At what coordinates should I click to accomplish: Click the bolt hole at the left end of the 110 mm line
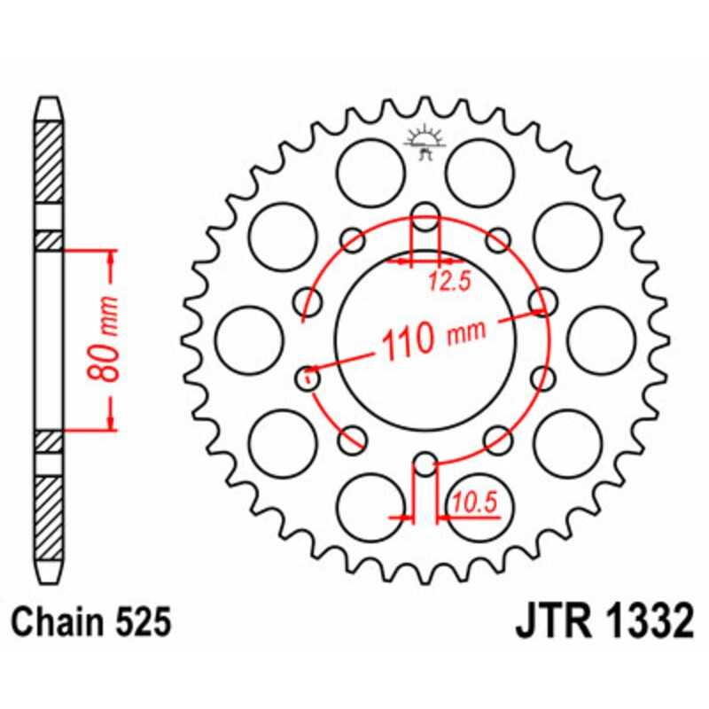click(x=308, y=378)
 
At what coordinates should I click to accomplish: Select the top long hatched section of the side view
click(x=50, y=160)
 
